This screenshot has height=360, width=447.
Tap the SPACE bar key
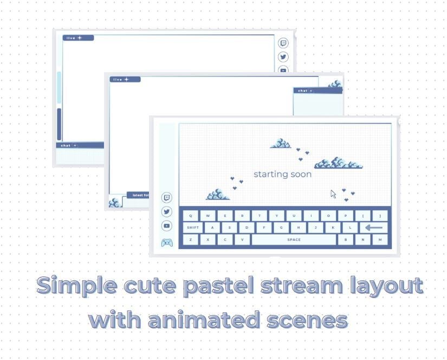click(294, 240)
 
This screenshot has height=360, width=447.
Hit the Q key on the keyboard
click(191, 216)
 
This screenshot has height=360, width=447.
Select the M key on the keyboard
click(380, 240)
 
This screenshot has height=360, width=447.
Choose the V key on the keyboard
click(242, 240)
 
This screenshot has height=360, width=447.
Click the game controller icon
click(167, 242)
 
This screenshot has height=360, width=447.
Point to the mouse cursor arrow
click(333, 194)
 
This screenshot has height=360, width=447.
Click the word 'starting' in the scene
click(271, 175)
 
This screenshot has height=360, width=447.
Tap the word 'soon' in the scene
click(302, 175)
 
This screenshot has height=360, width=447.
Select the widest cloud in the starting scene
click(339, 163)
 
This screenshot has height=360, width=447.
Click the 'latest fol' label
click(138, 195)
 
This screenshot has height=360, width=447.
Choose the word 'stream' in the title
click(298, 286)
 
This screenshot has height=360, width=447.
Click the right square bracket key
click(380, 216)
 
